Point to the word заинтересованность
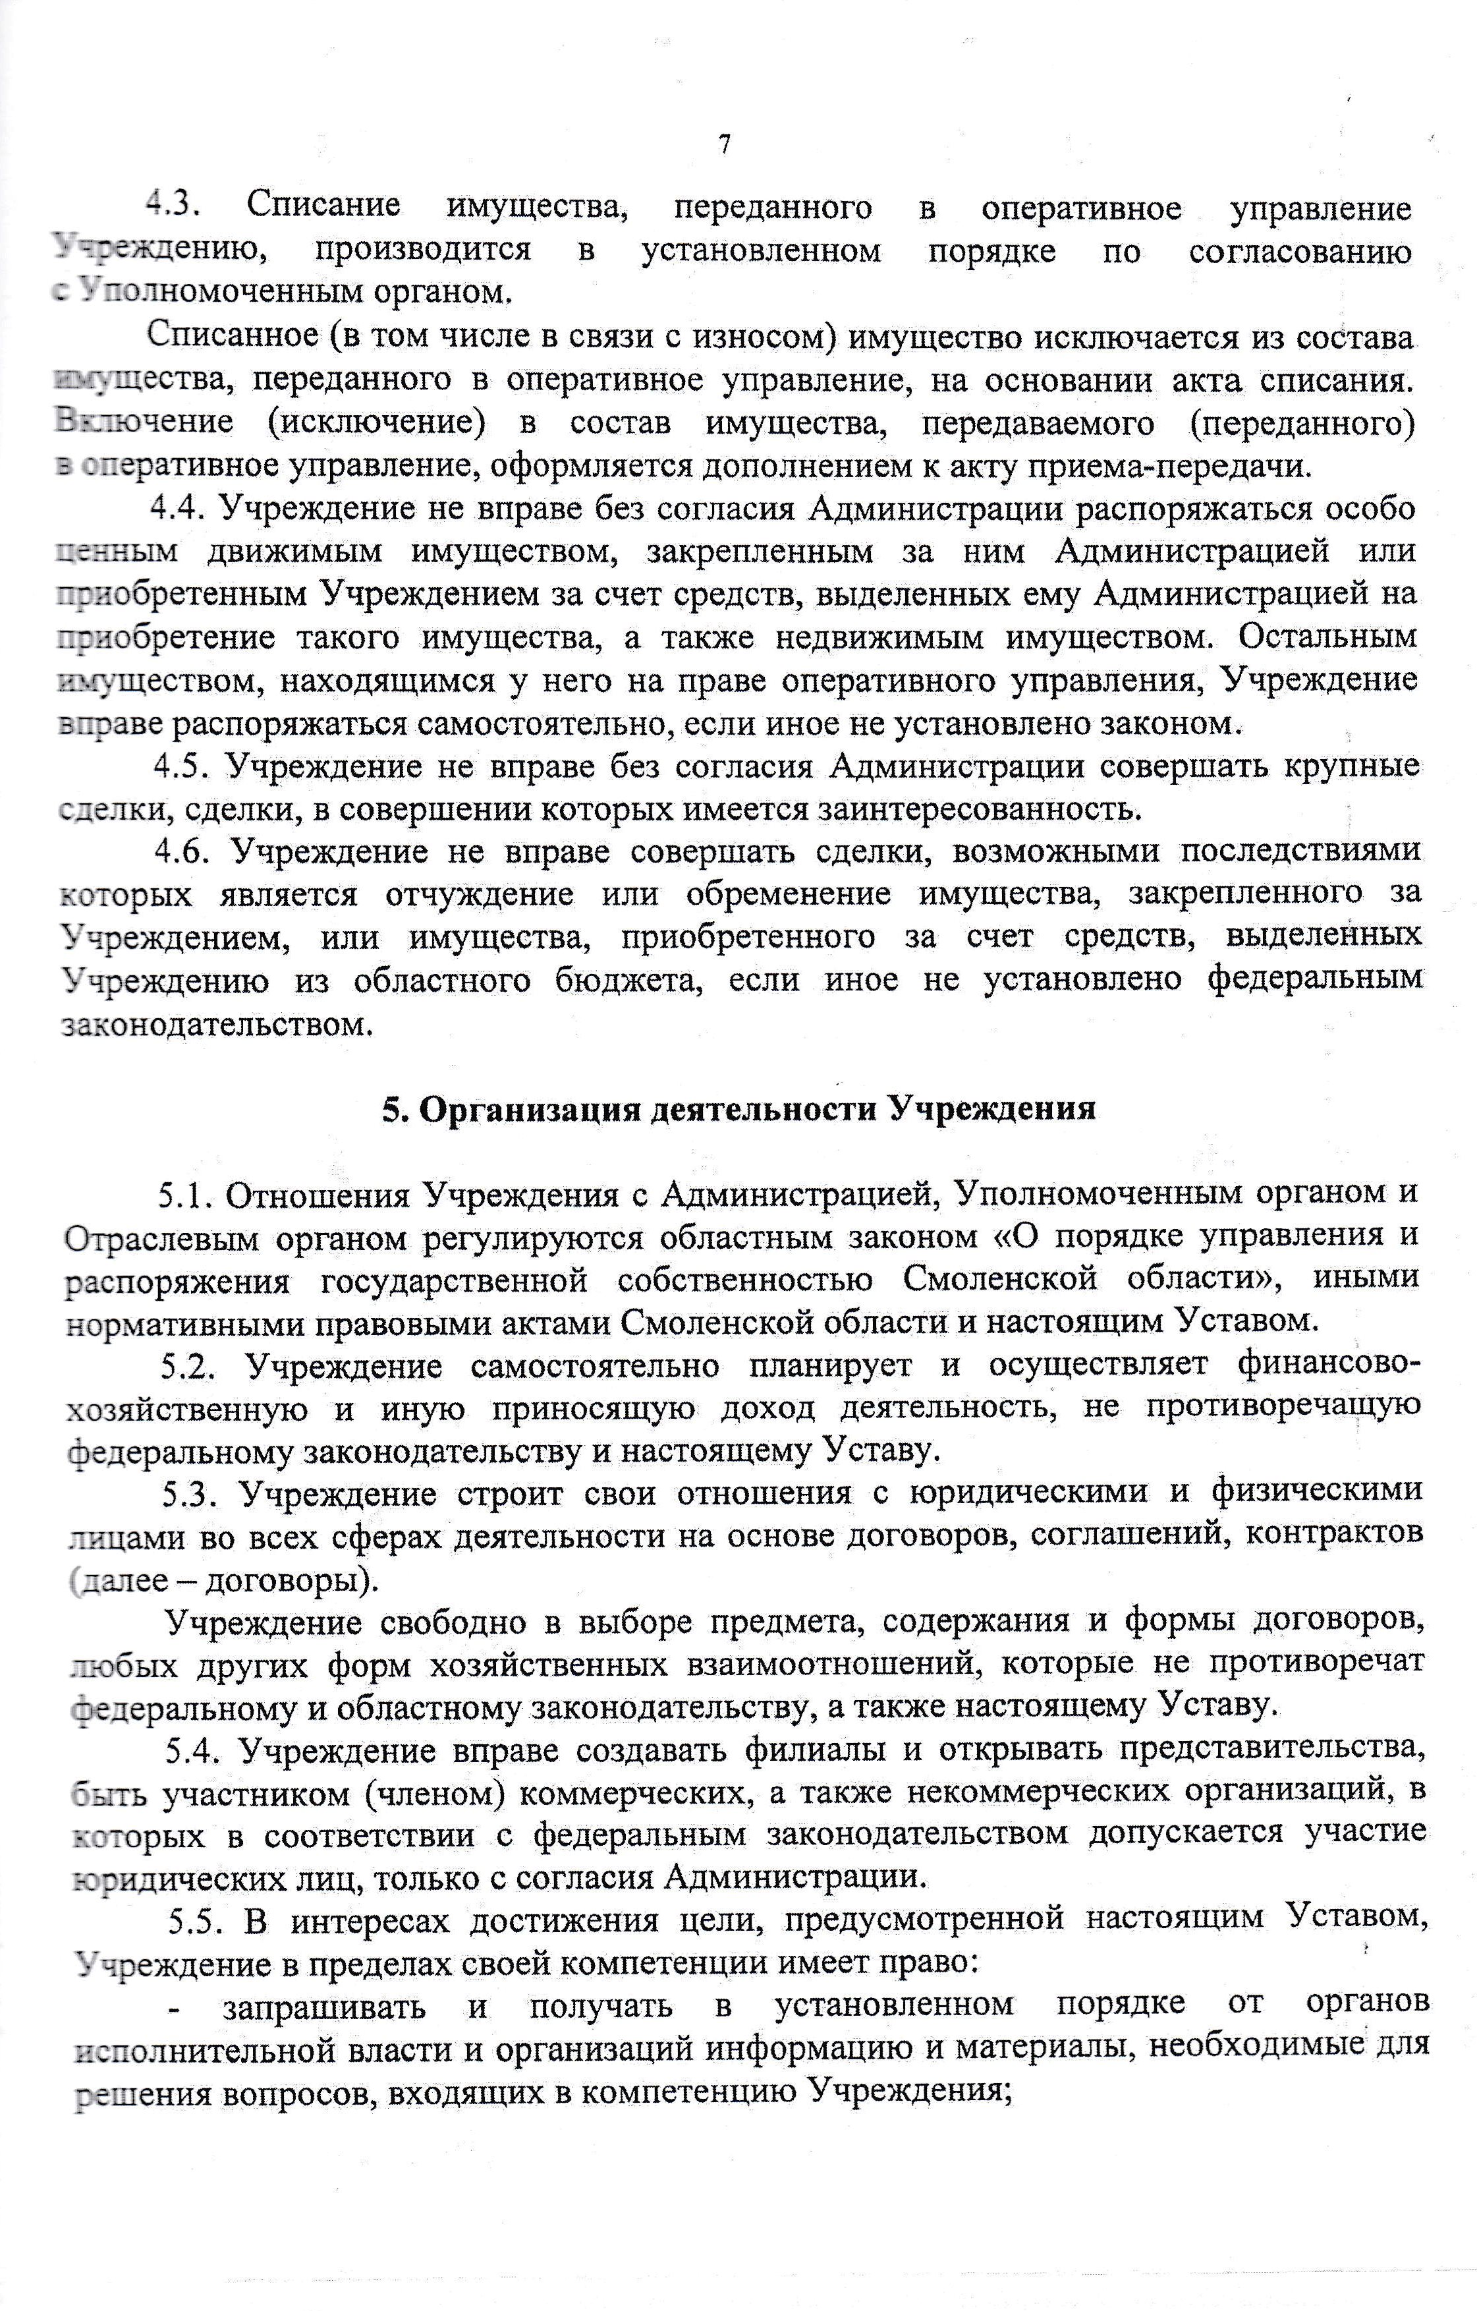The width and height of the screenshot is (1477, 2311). (x=979, y=810)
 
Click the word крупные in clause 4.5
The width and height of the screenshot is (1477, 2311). (x=1352, y=767)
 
